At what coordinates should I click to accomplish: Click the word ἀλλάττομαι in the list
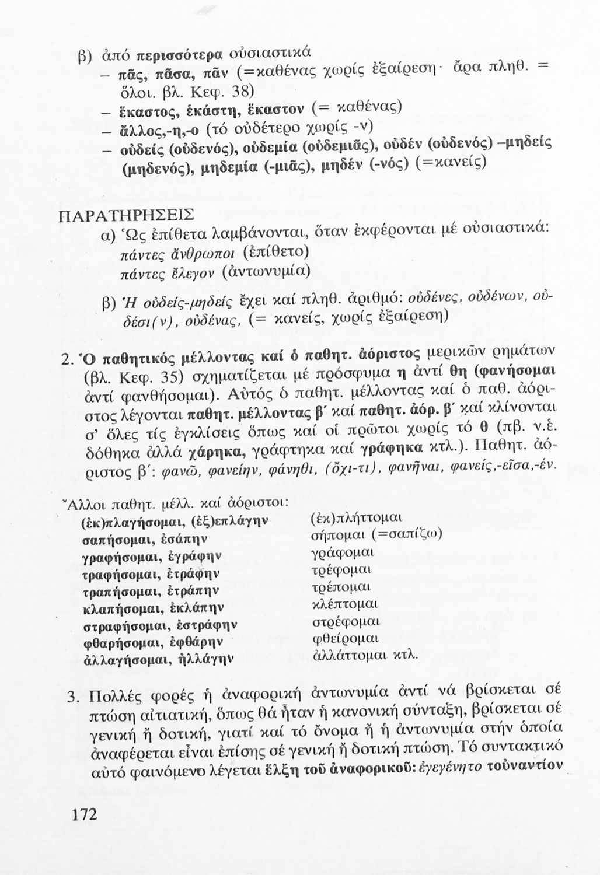coord(350,654)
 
